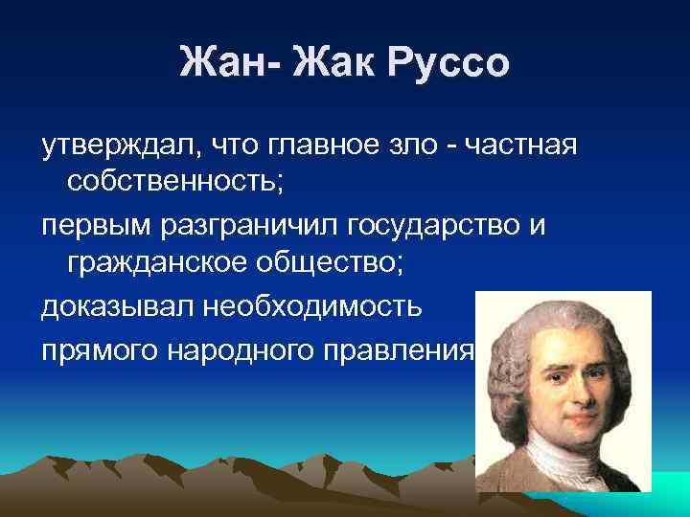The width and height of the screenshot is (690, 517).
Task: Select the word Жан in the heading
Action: tap(221, 64)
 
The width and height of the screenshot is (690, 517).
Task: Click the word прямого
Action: tap(101, 350)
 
